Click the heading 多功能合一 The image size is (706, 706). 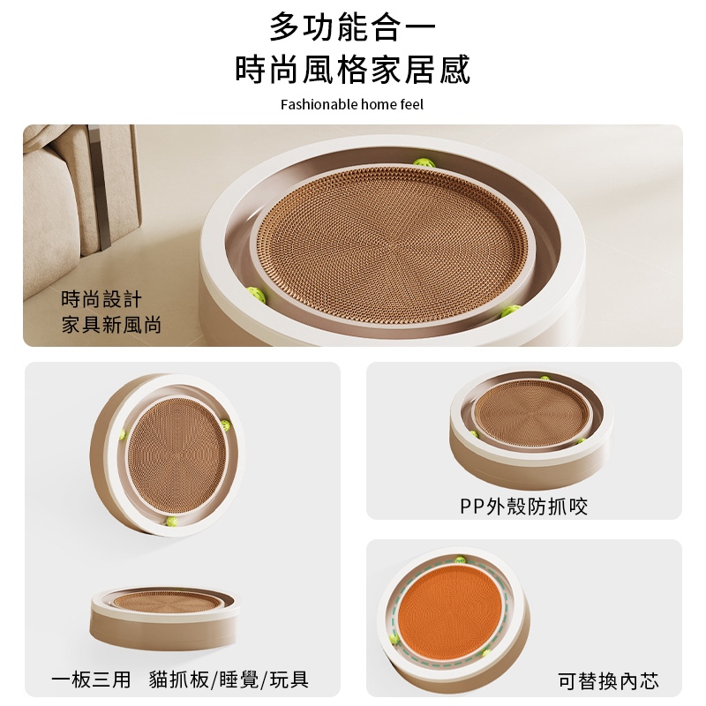[352, 27]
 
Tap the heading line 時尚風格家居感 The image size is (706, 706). [352, 70]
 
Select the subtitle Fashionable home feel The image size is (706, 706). [352, 104]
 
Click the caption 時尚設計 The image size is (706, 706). [101, 299]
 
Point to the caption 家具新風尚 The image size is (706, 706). [112, 325]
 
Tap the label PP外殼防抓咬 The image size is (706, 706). [523, 506]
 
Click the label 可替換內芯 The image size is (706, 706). [608, 680]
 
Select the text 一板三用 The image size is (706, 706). [91, 680]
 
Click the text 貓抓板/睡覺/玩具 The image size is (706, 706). [229, 680]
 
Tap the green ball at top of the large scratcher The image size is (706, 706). [424, 162]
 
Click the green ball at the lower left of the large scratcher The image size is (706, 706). [256, 295]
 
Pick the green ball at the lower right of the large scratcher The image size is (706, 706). [511, 311]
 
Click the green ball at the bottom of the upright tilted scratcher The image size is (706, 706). [171, 522]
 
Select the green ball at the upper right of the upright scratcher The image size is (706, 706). [225, 424]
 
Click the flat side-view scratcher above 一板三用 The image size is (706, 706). [164, 618]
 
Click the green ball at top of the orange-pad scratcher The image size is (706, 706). [460, 560]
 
